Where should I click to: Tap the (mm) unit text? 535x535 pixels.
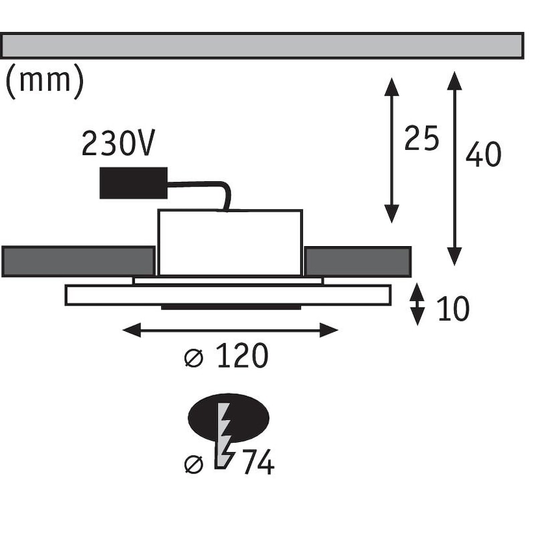click(44, 81)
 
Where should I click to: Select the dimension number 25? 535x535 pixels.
click(422, 139)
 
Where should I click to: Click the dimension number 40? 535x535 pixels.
click(483, 155)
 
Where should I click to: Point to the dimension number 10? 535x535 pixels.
click(453, 308)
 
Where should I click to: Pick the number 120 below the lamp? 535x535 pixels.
click(241, 356)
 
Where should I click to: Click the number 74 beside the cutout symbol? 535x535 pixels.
click(257, 462)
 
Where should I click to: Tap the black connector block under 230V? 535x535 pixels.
click(133, 183)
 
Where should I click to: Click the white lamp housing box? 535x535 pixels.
click(229, 242)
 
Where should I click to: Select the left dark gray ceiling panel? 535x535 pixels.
click(78, 261)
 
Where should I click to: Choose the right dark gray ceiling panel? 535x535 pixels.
click(358, 261)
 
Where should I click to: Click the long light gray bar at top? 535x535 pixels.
click(261, 45)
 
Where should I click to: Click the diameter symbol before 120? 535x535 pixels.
click(193, 358)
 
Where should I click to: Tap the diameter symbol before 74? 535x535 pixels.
click(193, 463)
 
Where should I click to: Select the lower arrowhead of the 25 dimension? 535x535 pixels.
click(392, 213)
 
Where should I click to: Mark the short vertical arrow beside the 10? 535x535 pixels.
click(417, 304)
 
